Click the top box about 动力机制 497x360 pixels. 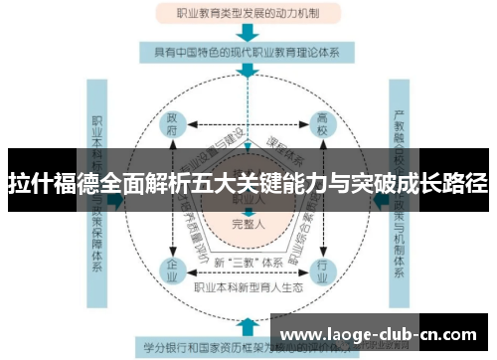[248, 14]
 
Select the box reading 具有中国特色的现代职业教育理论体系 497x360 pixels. [248, 51]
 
